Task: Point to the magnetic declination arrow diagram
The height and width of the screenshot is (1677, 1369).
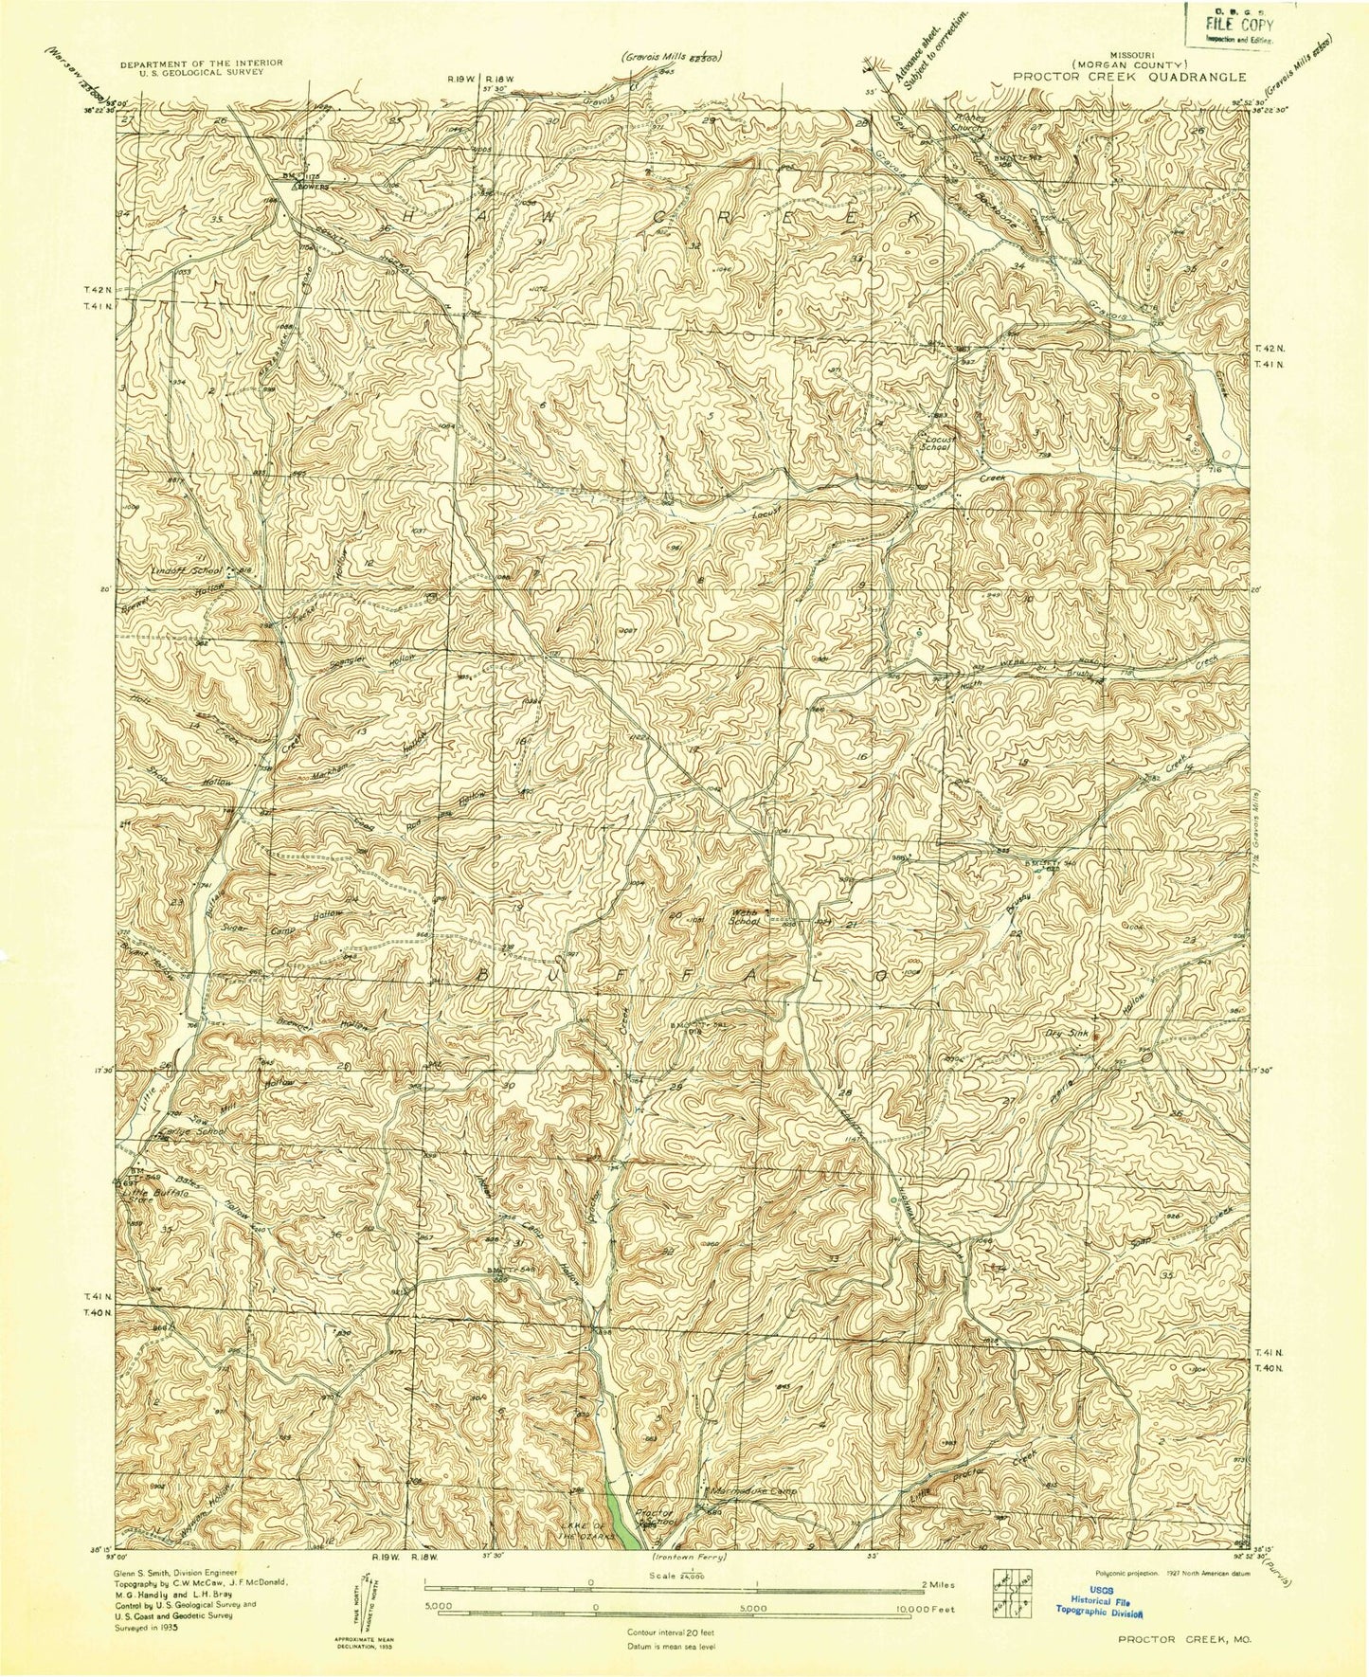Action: pyautogui.click(x=361, y=1609)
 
